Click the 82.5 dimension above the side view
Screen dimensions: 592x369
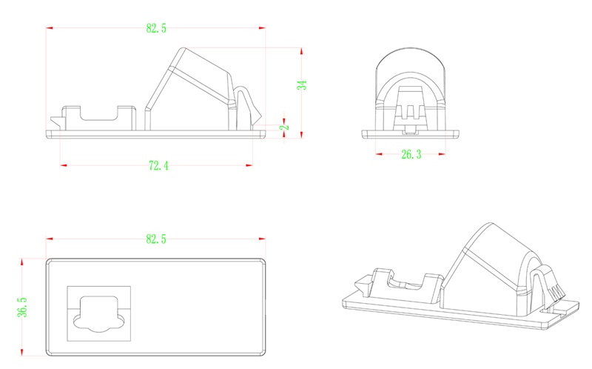point(156,28)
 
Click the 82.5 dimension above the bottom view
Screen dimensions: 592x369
point(156,239)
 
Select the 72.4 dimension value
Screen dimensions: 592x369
point(158,165)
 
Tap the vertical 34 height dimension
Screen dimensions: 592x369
point(302,84)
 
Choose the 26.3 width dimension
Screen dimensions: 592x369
point(411,154)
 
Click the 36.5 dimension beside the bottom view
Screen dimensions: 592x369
point(22,307)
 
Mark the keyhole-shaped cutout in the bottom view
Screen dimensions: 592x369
point(99,314)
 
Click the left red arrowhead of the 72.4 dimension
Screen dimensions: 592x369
point(64,165)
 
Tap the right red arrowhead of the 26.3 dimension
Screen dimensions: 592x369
point(442,154)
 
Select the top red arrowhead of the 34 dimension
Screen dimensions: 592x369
point(301,51)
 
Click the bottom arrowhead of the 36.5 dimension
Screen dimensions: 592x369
point(22,352)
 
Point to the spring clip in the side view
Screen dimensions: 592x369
point(248,106)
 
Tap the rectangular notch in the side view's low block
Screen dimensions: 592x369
point(99,113)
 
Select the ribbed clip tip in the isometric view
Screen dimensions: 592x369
point(555,292)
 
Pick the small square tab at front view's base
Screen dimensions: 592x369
point(410,130)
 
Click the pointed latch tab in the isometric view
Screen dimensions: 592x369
point(362,285)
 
